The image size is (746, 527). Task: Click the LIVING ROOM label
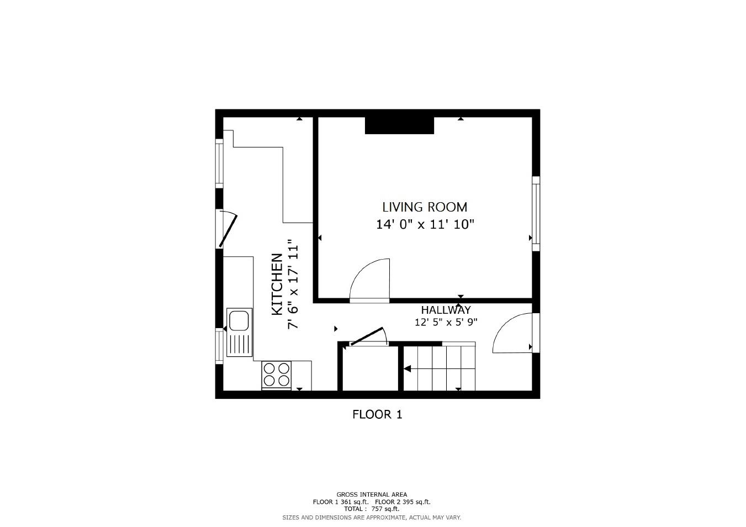click(x=425, y=207)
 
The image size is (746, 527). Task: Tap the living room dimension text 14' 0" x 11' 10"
click(x=425, y=224)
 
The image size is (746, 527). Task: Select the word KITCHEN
click(x=277, y=284)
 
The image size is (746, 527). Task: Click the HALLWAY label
click(x=446, y=310)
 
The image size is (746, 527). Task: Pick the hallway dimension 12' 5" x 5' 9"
click(x=446, y=322)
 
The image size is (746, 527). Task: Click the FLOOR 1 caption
click(x=377, y=414)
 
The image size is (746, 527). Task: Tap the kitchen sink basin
click(x=240, y=320)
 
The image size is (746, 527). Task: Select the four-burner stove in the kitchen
click(x=277, y=374)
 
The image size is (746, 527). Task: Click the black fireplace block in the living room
click(x=399, y=125)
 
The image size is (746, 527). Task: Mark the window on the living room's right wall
click(x=535, y=213)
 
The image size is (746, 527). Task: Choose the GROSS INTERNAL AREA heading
click(x=372, y=494)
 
